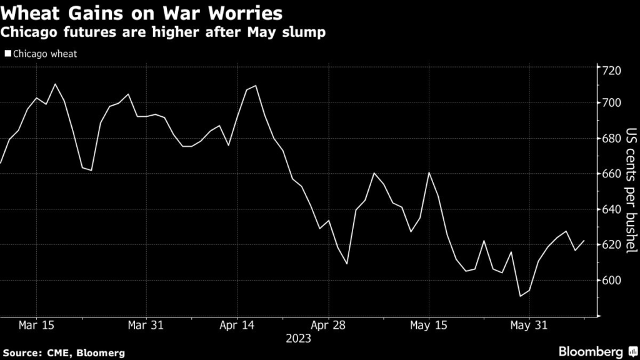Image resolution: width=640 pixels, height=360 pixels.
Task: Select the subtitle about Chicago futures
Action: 164,32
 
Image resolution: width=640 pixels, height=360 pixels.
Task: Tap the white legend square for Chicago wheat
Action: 7,54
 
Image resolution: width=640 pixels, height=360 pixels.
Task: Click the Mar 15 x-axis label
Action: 36,326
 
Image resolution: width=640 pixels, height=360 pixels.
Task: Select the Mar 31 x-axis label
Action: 146,326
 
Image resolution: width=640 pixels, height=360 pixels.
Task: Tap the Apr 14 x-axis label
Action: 237,326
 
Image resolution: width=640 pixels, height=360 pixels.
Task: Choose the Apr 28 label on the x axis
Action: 329,326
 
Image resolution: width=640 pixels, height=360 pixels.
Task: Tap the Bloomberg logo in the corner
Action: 599,351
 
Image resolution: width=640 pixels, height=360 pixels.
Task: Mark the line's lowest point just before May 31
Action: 521,296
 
